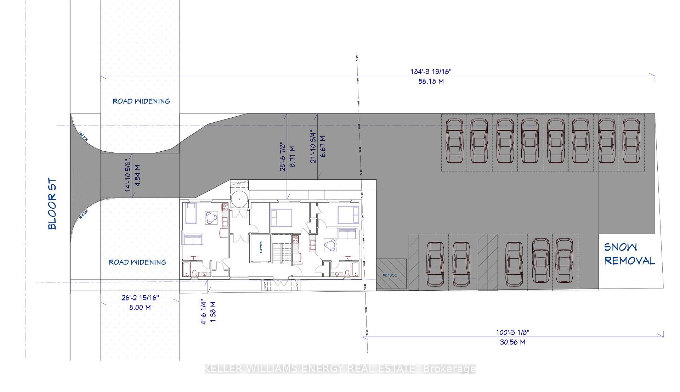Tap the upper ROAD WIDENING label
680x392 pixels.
click(141, 101)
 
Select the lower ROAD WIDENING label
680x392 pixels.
click(137, 262)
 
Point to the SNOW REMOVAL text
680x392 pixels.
click(629, 254)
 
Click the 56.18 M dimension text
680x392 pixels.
click(431, 81)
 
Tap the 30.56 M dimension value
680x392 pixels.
click(512, 342)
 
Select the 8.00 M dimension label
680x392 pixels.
click(140, 307)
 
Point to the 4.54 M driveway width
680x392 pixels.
click(137, 176)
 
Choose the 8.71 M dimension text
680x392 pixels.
click(292, 156)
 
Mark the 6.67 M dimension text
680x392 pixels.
click(323, 146)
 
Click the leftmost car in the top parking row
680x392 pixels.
click(454, 141)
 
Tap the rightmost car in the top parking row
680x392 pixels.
click(631, 141)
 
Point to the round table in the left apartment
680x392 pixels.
click(211, 217)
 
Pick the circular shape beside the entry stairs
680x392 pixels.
click(240, 199)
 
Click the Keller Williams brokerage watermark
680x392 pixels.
click(340, 369)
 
